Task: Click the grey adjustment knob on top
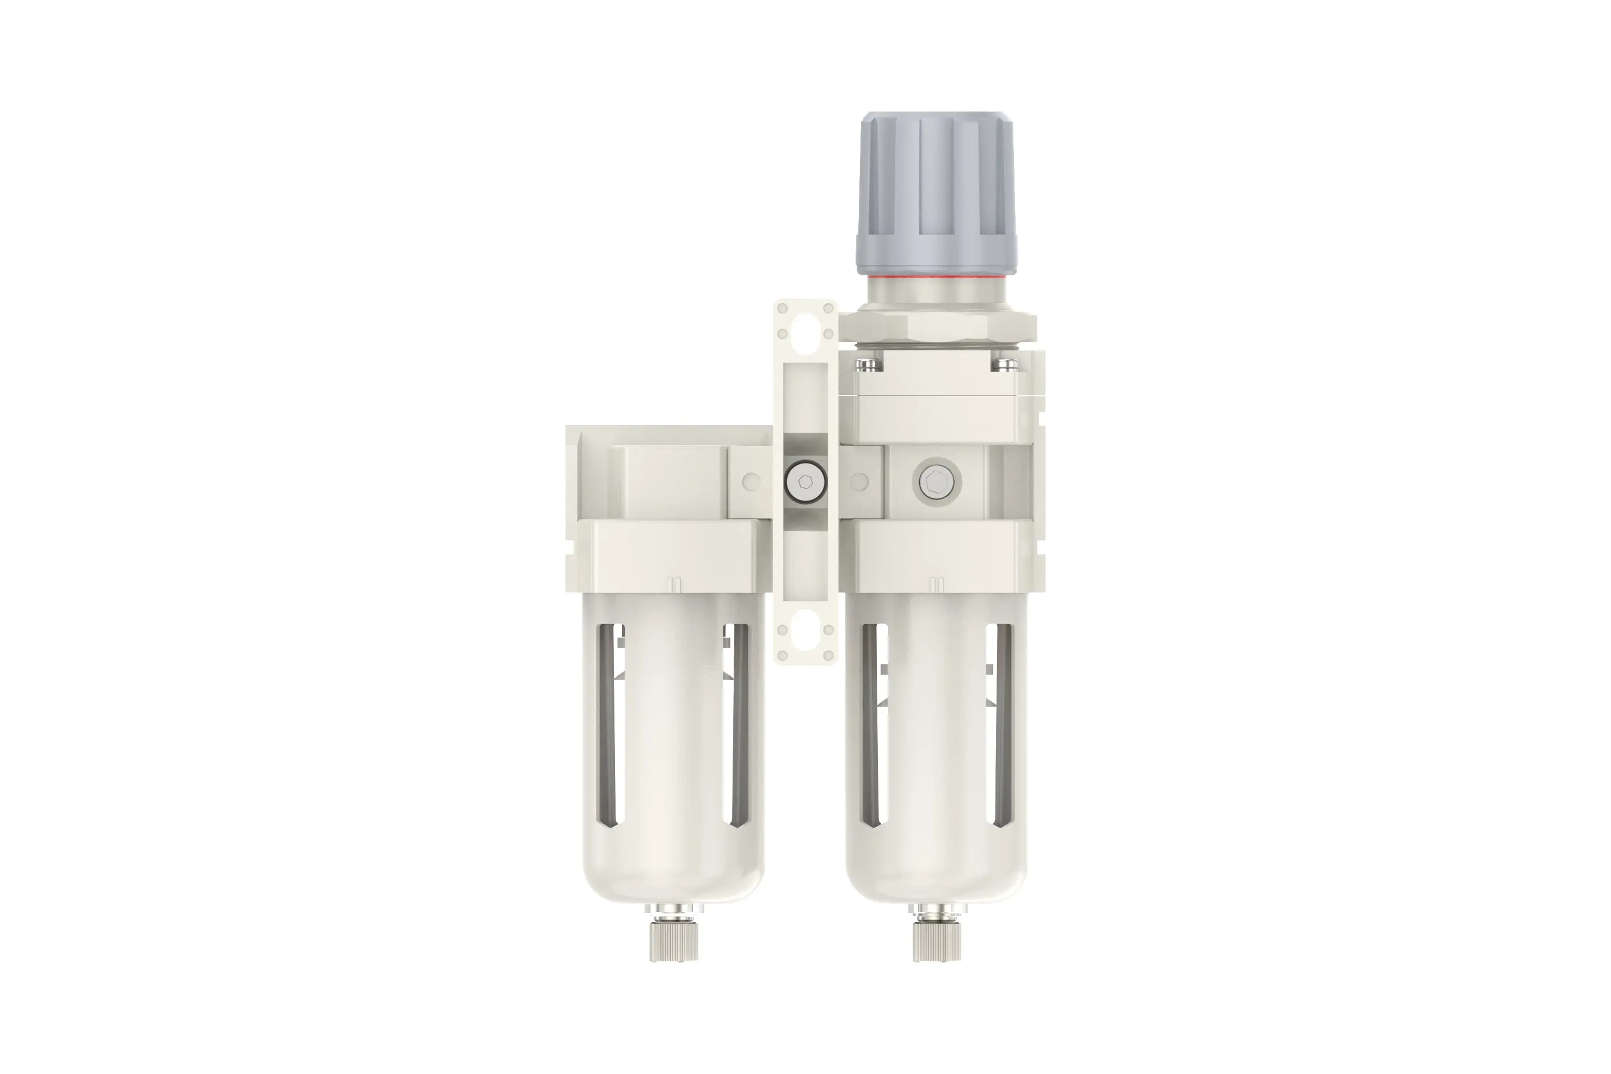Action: tap(937, 192)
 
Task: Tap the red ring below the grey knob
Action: tap(937, 278)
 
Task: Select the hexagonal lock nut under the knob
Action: tap(937, 329)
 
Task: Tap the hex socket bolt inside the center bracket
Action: tap(805, 482)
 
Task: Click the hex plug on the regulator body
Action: tap(937, 482)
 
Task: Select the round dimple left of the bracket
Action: tap(751, 482)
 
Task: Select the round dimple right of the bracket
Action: tap(859, 482)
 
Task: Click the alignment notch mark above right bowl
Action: tap(937, 584)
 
